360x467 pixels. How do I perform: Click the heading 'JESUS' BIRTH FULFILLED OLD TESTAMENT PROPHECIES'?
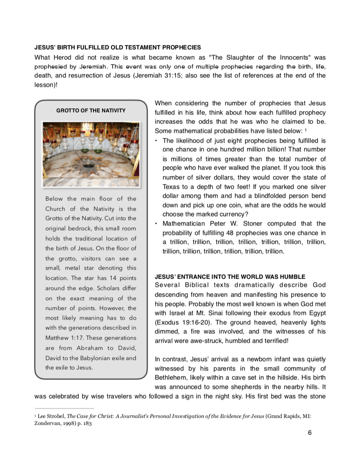(x=118, y=48)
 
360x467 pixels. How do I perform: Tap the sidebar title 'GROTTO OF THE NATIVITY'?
(x=91, y=111)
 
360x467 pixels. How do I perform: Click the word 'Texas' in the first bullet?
(x=171, y=187)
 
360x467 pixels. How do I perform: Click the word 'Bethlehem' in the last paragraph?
(x=171, y=378)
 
